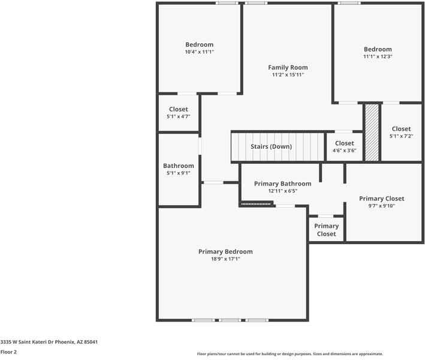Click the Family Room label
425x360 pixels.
click(288, 68)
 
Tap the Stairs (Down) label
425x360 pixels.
click(272, 147)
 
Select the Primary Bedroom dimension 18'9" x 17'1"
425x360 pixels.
click(225, 259)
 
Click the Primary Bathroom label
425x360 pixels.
click(282, 184)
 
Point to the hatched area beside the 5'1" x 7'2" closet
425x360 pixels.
click(372, 133)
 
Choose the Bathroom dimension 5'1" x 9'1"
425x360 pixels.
click(179, 173)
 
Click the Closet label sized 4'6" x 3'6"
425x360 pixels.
click(344, 143)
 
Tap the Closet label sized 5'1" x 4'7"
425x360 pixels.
click(178, 110)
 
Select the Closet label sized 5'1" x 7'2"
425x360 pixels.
click(401, 129)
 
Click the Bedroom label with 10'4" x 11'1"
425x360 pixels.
click(199, 45)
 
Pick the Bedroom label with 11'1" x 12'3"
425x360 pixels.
click(378, 49)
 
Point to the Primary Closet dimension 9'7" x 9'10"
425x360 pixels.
click(381, 206)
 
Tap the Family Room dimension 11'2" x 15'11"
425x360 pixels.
click(288, 75)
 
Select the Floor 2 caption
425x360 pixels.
click(9, 352)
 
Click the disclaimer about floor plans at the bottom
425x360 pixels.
click(290, 354)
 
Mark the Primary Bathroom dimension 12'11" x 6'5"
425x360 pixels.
click(282, 191)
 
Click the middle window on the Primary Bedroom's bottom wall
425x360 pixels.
click(231, 320)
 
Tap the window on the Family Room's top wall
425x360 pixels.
click(256, 3)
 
